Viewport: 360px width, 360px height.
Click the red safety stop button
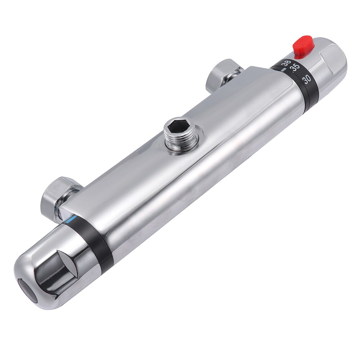pyautogui.click(x=303, y=46)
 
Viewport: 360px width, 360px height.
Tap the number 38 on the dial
pyautogui.click(x=286, y=63)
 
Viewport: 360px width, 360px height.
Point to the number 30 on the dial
pyautogui.click(x=307, y=79)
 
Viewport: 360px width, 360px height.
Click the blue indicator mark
pyautogui.click(x=73, y=218)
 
